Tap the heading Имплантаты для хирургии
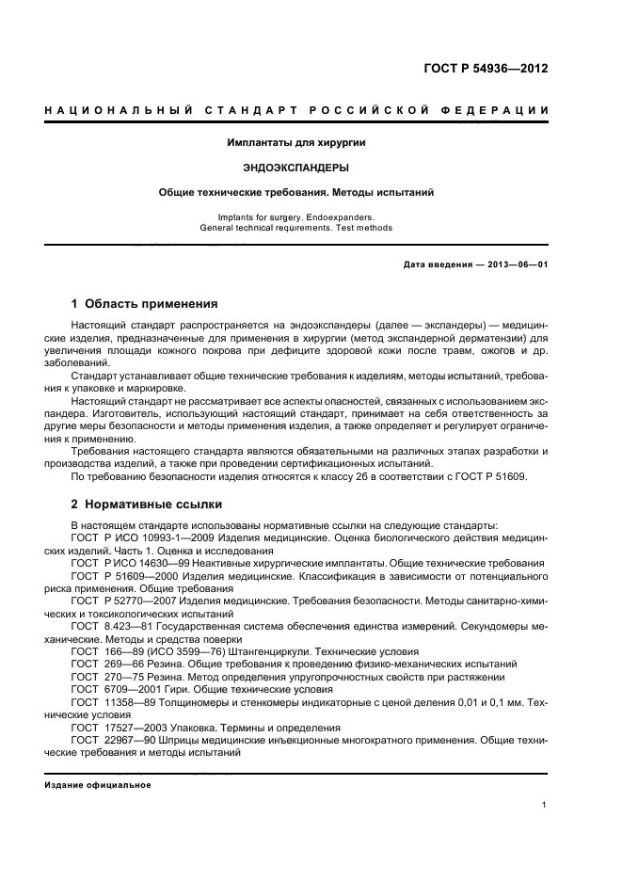coord(296,143)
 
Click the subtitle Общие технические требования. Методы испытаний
coord(296,193)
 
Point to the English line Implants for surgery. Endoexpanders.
coord(296,216)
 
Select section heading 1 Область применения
coord(145,304)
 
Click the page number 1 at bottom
coord(545,804)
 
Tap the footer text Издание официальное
coord(97,784)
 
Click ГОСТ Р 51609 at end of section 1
coord(490,476)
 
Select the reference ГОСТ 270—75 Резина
coord(123,677)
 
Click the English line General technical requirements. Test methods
coord(296,227)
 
